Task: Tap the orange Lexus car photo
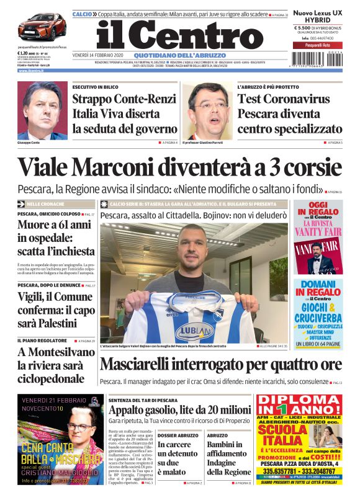click(x=42, y=26)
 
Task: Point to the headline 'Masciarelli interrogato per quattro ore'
click(x=220, y=364)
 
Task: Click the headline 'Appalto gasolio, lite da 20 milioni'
click(x=179, y=409)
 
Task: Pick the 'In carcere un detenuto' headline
click(x=178, y=453)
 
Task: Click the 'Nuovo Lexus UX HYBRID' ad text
click(x=318, y=16)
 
